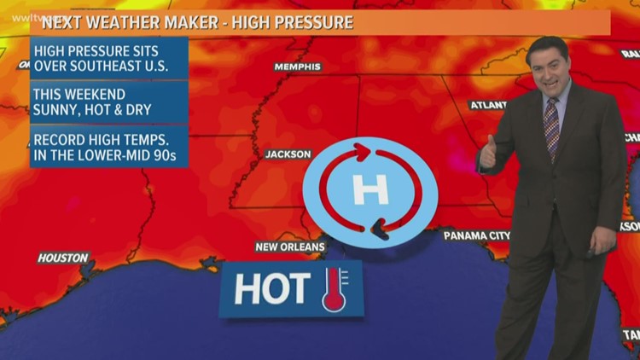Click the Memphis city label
point(297,67)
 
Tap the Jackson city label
point(288,154)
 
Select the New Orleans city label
point(290,247)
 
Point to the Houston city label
point(62,258)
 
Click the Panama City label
point(477,235)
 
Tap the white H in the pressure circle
point(370,189)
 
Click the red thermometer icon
point(335,289)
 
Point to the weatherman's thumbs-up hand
point(488,154)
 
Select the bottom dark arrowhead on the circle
point(378,228)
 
